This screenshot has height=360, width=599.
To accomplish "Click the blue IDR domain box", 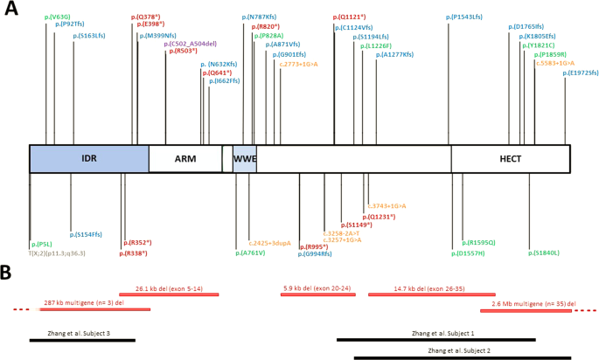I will tap(88, 158).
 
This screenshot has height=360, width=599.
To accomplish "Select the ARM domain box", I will tap(185, 158).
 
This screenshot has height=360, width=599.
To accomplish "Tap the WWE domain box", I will tap(244, 158).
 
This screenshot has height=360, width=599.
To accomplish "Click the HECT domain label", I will tap(510, 158).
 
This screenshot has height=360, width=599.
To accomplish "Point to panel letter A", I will tap(11, 12).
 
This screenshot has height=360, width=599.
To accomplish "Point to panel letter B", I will tap(8, 273).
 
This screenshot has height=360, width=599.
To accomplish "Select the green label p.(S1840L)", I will tap(544, 253).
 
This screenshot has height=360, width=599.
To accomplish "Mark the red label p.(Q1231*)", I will tap(379, 216).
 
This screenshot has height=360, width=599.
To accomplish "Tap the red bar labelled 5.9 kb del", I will tap(317, 294).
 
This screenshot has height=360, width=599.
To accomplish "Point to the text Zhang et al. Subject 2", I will tap(458, 350).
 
